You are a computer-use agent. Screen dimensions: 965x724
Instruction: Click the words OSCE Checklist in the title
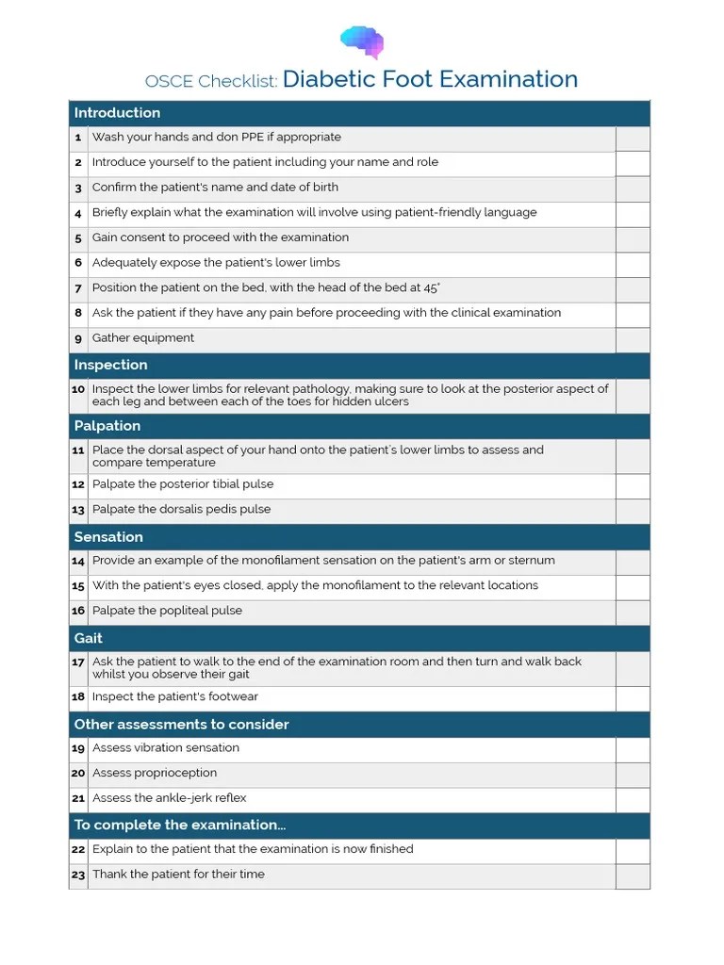(211, 81)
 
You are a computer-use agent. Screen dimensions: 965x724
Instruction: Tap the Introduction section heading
(117, 113)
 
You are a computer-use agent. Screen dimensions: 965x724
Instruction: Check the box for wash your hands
(633, 139)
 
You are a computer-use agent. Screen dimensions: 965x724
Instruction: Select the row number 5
(78, 238)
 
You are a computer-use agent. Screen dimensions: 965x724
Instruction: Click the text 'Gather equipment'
(143, 338)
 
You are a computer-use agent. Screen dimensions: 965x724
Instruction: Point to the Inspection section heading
(110, 366)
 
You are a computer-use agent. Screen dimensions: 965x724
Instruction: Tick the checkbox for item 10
(633, 396)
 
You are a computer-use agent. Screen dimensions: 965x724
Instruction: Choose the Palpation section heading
(107, 426)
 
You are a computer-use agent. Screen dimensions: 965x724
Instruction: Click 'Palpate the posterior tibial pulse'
(183, 484)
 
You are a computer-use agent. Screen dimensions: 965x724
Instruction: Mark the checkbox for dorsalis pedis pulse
(633, 511)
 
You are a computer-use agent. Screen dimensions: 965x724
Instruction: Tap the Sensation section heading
(108, 537)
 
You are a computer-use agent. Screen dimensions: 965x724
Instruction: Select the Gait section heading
(89, 638)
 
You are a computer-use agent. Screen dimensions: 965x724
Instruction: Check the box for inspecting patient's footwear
(633, 698)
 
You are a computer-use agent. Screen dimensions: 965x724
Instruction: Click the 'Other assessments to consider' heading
(181, 725)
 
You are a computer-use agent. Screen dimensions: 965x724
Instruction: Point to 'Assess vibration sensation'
(166, 748)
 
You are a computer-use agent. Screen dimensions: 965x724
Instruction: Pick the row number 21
(78, 799)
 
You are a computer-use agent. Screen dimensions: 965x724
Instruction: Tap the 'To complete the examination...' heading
(179, 826)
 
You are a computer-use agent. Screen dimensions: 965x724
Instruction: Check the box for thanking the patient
(633, 876)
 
